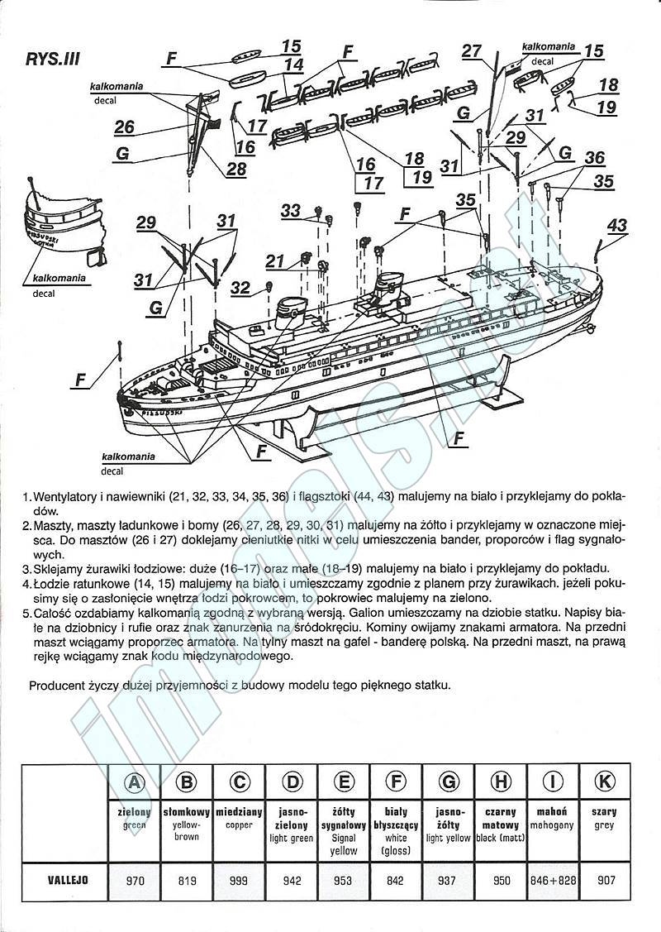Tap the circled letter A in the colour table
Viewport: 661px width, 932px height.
pos(135,782)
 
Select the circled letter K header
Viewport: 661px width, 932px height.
pos(604,782)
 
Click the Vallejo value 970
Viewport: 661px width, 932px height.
pos(135,881)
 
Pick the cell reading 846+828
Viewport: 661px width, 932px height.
pos(553,881)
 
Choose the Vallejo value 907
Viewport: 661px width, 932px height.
pos(604,881)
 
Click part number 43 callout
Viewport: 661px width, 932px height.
pos(616,225)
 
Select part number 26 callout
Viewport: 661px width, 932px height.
pos(124,127)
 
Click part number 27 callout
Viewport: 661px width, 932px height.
pos(471,51)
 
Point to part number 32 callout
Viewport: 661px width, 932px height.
pos(240,287)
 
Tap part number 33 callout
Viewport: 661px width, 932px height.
pos(290,211)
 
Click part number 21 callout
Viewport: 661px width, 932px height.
pos(275,261)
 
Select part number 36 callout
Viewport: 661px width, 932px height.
pos(594,157)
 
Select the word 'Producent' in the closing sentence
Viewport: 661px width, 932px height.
pos(54,686)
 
